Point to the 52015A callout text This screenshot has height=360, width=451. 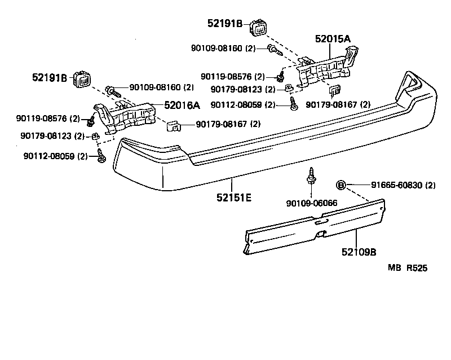[333, 39]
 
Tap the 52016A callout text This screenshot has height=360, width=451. [182, 105]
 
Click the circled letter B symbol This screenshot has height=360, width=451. [341, 185]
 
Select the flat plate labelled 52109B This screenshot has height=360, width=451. [316, 226]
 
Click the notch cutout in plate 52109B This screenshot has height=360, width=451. [321, 234]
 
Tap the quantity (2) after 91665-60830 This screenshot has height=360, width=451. [430, 185]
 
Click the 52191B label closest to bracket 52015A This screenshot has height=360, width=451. [224, 23]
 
